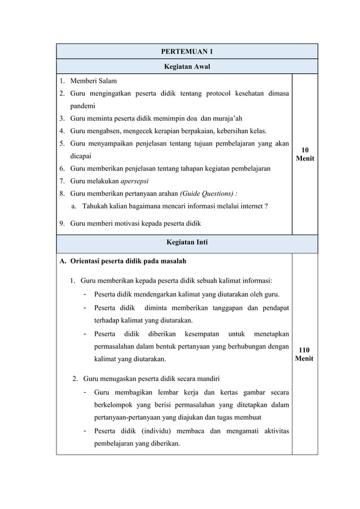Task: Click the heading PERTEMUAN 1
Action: (x=187, y=52)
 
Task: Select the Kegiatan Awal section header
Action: (x=187, y=67)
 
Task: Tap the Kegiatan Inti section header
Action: (x=187, y=243)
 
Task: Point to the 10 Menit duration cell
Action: (x=305, y=154)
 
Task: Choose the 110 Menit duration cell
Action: (x=305, y=354)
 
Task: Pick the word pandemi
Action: (x=83, y=106)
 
